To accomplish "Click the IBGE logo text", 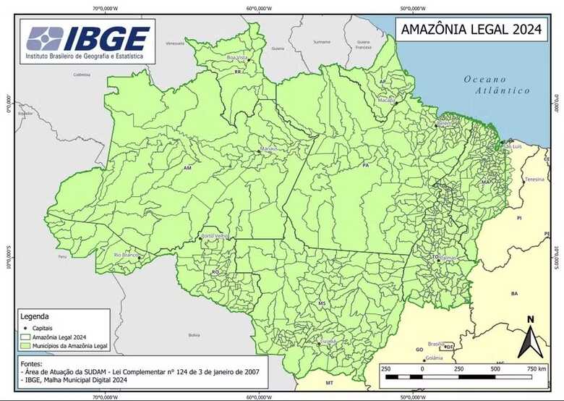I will (107, 37).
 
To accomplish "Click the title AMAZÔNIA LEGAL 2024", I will (468, 30).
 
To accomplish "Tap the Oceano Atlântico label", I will (497, 85).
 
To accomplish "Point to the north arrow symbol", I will (530, 338).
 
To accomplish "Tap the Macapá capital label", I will (386, 101).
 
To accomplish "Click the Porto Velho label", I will (215, 236).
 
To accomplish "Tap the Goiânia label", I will (435, 358).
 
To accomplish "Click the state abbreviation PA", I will (366, 166).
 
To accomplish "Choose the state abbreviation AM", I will (188, 168).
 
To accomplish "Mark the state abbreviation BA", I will (514, 294).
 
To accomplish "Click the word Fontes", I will (30, 363).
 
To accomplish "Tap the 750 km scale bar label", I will (536, 368).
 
